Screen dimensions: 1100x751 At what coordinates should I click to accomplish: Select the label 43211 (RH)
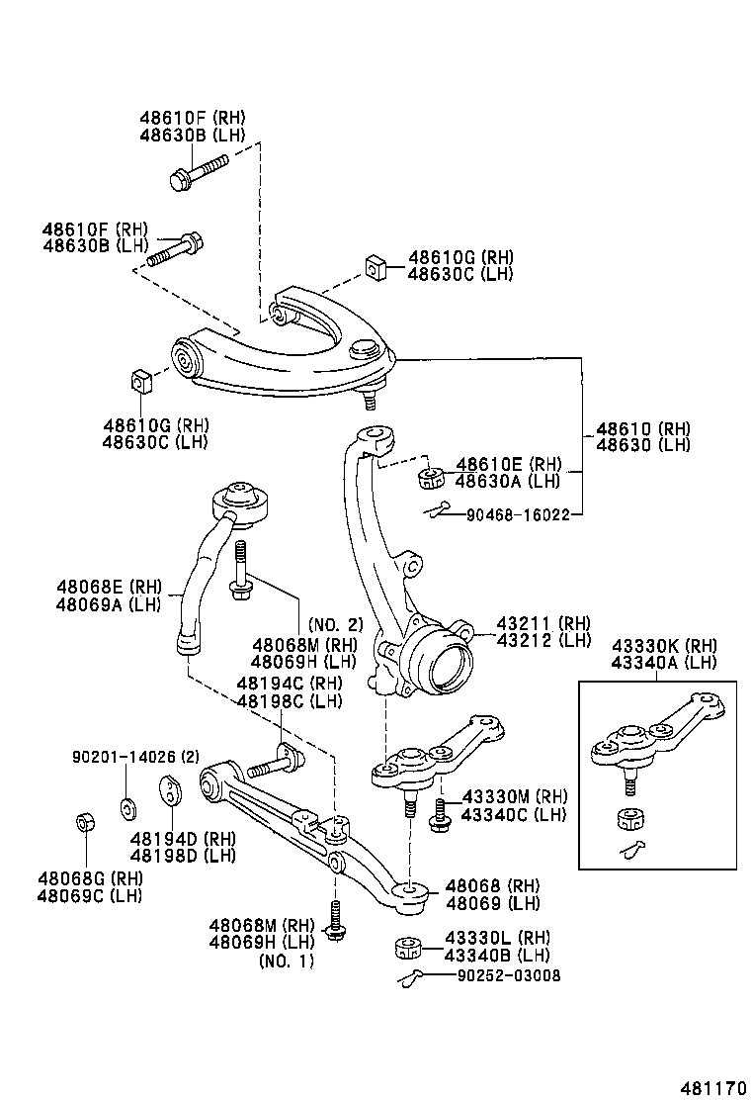pyautogui.click(x=542, y=623)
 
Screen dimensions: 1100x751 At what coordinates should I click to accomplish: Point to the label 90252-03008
pyautogui.click(x=509, y=975)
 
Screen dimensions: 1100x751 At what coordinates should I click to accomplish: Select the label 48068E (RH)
pyautogui.click(x=109, y=587)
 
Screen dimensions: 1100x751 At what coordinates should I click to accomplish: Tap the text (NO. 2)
pyautogui.click(x=336, y=625)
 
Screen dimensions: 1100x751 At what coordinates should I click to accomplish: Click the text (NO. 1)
pyautogui.click(x=287, y=961)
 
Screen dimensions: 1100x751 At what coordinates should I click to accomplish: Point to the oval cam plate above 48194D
pyautogui.click(x=171, y=792)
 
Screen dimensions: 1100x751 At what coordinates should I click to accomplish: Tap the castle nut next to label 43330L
pyautogui.click(x=408, y=947)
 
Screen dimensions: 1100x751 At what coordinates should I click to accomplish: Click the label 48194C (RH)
pyautogui.click(x=288, y=683)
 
